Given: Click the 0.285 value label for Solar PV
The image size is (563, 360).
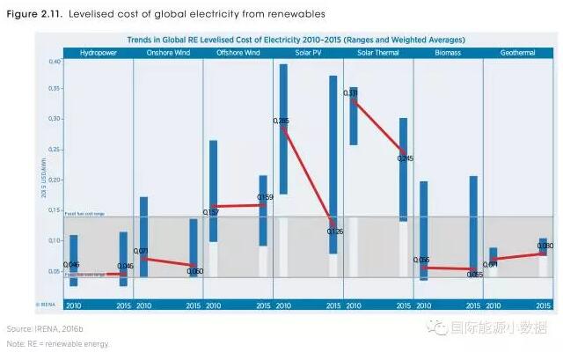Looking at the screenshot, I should [281, 121].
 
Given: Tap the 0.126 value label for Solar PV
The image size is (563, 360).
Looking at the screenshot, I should [334, 231].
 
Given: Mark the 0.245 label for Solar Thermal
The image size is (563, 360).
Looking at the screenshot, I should [405, 158].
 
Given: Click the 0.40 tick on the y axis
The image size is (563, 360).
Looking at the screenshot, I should [55, 62].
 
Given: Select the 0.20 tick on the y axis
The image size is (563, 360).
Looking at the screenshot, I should [55, 180].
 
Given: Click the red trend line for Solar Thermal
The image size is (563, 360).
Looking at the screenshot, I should [378, 128].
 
